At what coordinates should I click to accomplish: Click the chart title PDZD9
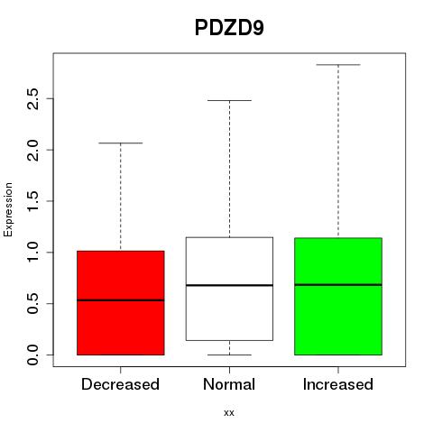pos(229,28)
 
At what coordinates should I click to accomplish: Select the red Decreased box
pos(121,303)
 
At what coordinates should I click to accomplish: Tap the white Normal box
pos(229,289)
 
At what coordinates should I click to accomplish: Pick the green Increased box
pos(338,296)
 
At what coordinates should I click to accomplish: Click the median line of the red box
pos(121,300)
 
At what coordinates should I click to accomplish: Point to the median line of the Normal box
pos(229,285)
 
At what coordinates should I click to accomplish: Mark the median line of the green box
pos(338,284)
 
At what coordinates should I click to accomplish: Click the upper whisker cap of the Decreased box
pos(121,143)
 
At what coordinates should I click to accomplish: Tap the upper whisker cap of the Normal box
pos(229,100)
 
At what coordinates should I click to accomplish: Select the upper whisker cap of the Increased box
pos(338,65)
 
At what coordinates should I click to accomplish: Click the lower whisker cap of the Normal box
pos(229,355)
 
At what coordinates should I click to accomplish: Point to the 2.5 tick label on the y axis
pos(32,98)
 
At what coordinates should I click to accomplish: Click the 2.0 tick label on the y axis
pos(32,150)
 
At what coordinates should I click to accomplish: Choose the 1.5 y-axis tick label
pos(32,201)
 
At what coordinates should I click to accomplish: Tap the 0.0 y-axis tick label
pos(32,355)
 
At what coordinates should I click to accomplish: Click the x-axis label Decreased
pos(120,384)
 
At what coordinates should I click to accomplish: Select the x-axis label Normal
pos(229,384)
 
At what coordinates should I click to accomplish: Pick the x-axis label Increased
pos(338,384)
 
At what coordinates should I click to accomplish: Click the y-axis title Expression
pos(8,209)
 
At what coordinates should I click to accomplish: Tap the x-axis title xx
pos(229,413)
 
